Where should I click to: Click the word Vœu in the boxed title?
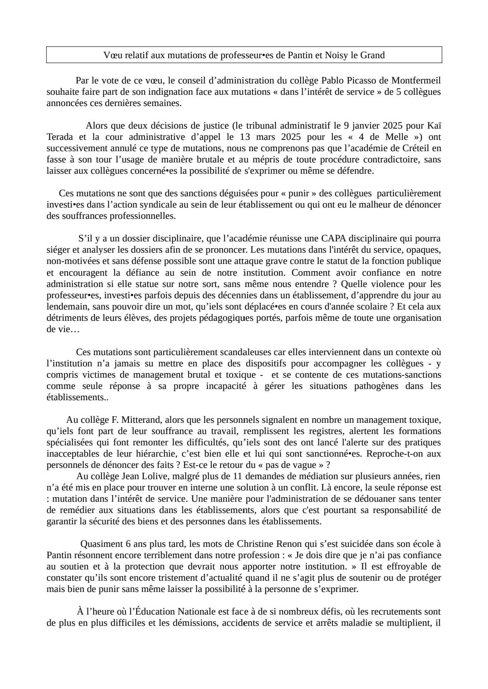point(111,55)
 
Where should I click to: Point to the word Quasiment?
point(102,544)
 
